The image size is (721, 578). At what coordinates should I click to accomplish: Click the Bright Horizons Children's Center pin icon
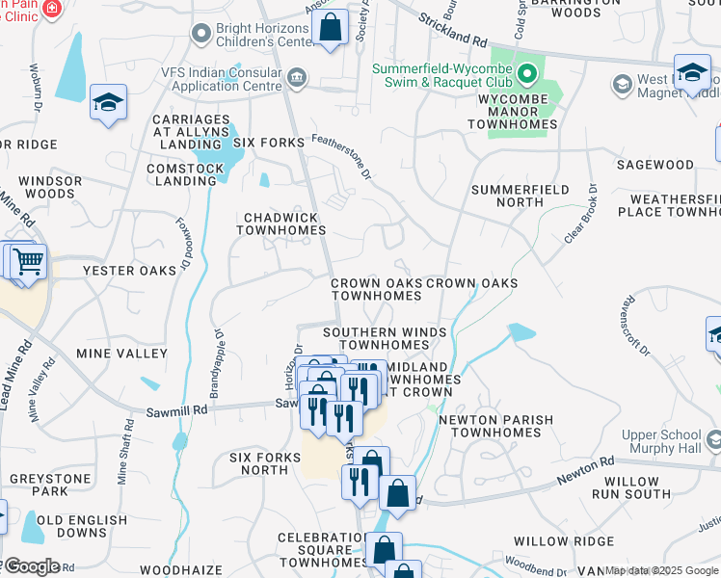pyautogui.click(x=201, y=35)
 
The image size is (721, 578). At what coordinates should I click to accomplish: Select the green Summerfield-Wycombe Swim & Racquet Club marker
pyautogui.click(x=527, y=73)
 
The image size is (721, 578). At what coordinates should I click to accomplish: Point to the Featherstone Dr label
pyautogui.click(x=341, y=157)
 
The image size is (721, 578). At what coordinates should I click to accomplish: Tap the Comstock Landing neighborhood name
pyautogui.click(x=184, y=174)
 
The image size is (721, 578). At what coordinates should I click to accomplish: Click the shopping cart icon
pyautogui.click(x=29, y=261)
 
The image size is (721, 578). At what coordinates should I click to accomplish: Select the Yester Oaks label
pyautogui.click(x=129, y=271)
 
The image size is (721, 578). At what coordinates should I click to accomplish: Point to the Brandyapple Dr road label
pyautogui.click(x=216, y=366)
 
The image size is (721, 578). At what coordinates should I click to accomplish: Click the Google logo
pyautogui.click(x=31, y=565)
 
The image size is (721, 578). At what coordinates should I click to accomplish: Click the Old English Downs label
pyautogui.click(x=82, y=526)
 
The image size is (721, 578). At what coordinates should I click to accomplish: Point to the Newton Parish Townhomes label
pyautogui.click(x=495, y=427)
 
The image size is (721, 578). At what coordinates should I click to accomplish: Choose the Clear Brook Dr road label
pyautogui.click(x=580, y=214)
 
